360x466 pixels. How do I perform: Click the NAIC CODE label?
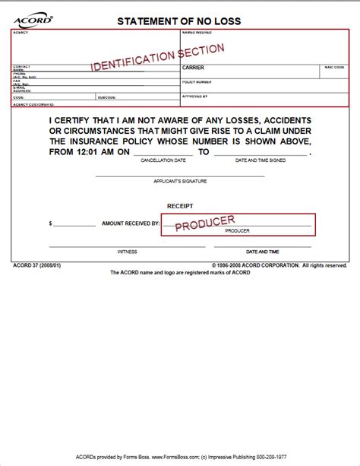coord(334,67)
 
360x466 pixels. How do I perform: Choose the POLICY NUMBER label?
coord(197,81)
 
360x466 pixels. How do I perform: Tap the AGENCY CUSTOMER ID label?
coord(33,103)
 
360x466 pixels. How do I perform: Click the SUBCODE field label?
coord(106,97)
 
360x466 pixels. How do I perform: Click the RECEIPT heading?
coord(180,206)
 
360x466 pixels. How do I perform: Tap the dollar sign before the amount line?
coord(50,224)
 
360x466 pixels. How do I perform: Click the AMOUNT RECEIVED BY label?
coord(130,224)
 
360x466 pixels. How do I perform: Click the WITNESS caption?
coord(127,251)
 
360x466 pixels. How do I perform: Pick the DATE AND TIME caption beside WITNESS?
coord(262,251)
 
